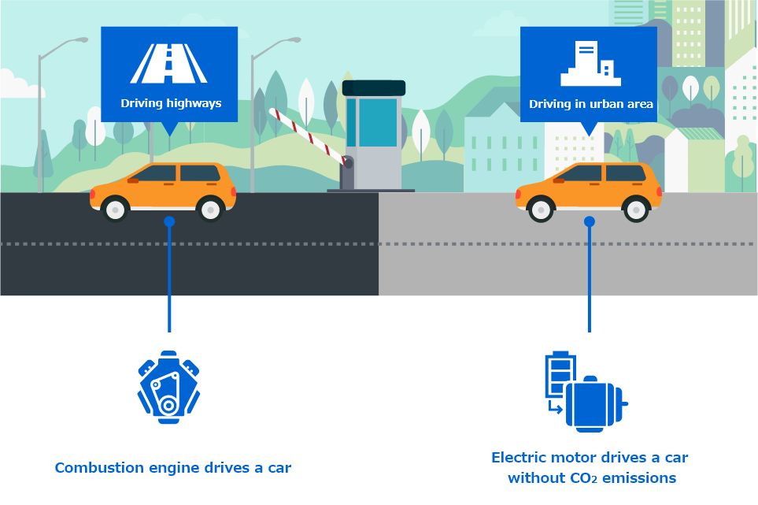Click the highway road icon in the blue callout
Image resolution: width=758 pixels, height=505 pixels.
(168, 64)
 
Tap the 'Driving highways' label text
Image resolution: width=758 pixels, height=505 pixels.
(171, 103)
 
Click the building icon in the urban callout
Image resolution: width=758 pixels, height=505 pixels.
(590, 65)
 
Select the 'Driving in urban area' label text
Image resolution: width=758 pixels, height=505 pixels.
(590, 104)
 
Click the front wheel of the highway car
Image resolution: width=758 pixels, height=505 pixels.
(116, 210)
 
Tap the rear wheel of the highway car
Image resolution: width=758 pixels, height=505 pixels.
(210, 210)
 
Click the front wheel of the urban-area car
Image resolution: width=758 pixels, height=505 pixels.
(541, 210)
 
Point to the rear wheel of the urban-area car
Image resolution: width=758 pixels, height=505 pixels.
(635, 210)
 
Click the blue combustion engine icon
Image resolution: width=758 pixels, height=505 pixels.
(168, 387)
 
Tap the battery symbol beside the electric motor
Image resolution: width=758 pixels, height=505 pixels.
(560, 375)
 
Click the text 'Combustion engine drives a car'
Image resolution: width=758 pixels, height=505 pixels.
(173, 468)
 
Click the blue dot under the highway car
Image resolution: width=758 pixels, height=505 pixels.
(169, 222)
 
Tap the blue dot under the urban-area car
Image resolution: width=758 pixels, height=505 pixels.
(590, 222)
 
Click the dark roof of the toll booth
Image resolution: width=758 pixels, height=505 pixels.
(374, 87)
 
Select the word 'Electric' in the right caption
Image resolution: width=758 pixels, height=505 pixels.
(519, 458)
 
